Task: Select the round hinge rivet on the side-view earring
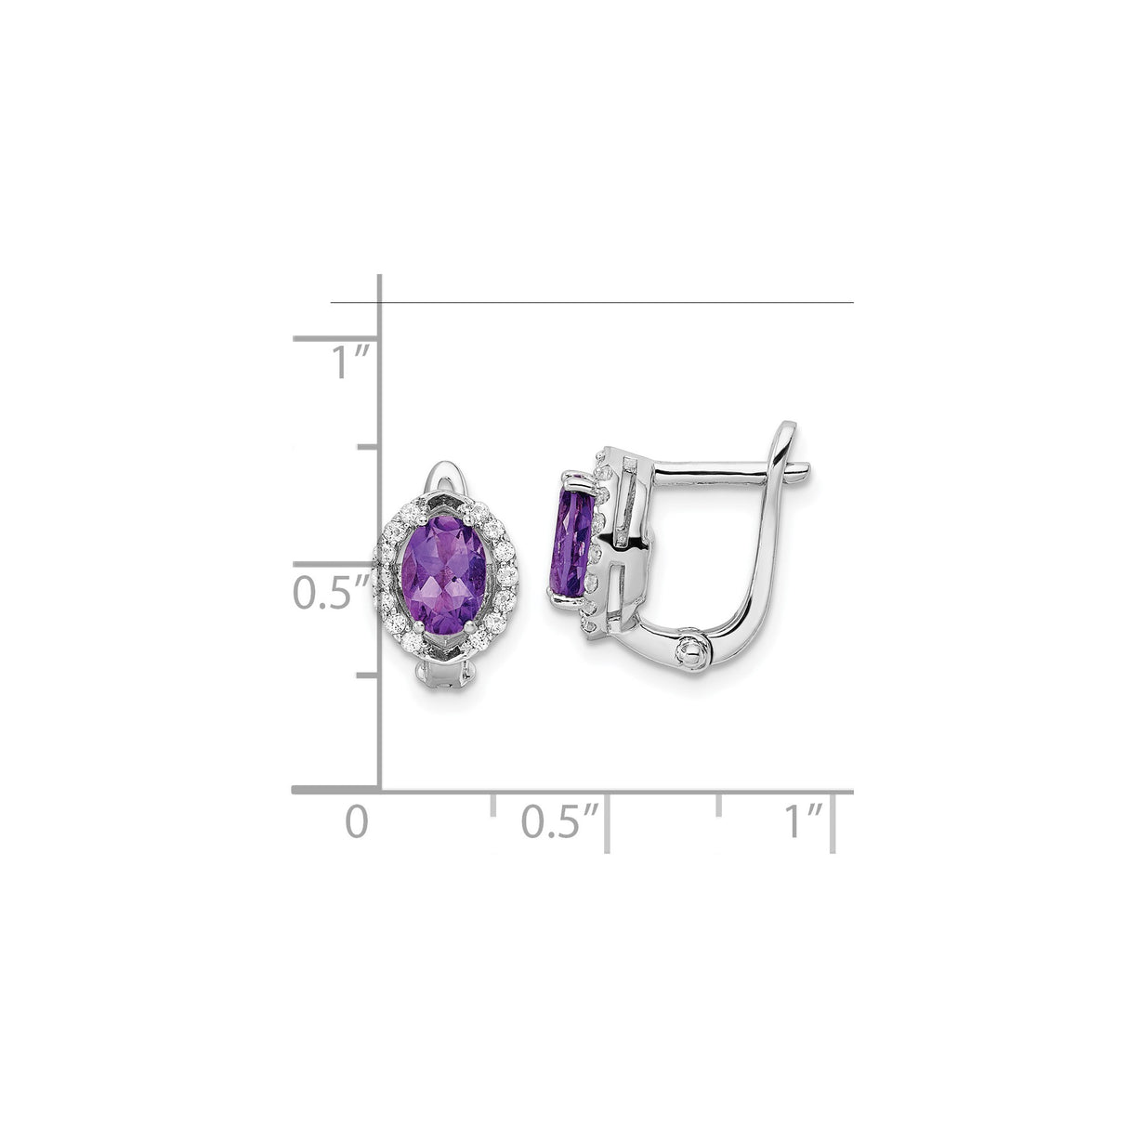(x=691, y=649)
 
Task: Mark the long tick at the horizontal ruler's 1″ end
(x=834, y=822)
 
